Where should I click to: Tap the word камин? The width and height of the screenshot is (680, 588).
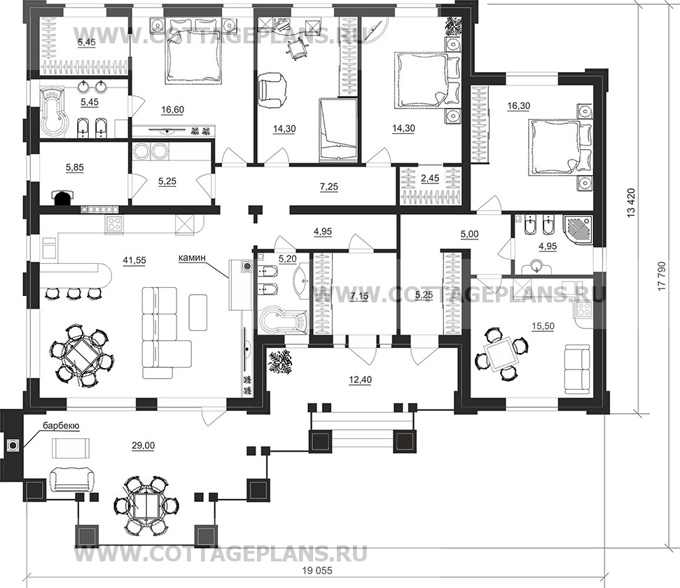192,258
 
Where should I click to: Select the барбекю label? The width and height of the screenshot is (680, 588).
61,426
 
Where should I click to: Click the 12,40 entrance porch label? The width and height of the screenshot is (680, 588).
361,380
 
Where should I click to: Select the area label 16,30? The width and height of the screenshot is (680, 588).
519,106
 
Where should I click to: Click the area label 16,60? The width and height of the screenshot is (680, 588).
172,110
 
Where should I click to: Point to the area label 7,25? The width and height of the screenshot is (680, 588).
328,187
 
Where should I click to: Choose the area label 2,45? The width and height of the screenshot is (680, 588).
430,178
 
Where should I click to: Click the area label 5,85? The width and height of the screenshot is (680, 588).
75,167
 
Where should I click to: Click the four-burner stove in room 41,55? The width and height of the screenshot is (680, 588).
114,224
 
